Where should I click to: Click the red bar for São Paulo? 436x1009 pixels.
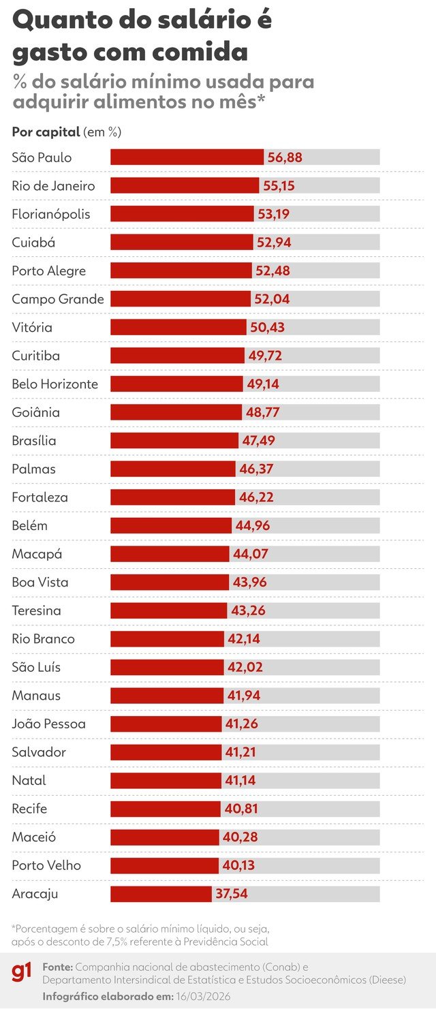pos(187,157)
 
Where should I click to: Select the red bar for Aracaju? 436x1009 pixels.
pos(161,894)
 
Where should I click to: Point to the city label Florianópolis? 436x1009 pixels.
pos(51,214)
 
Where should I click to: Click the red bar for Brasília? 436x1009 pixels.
pos(174,441)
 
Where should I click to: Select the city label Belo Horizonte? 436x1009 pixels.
pos(55,384)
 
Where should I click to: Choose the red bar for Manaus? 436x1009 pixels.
pos(167,696)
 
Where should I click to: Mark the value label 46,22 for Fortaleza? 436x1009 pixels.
pos(256,497)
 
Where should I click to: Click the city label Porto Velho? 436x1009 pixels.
pos(46,865)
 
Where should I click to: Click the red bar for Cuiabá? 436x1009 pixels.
pos(181,243)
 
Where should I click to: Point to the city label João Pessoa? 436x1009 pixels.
pos(49,724)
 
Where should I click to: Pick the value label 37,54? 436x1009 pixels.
pos(232,894)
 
